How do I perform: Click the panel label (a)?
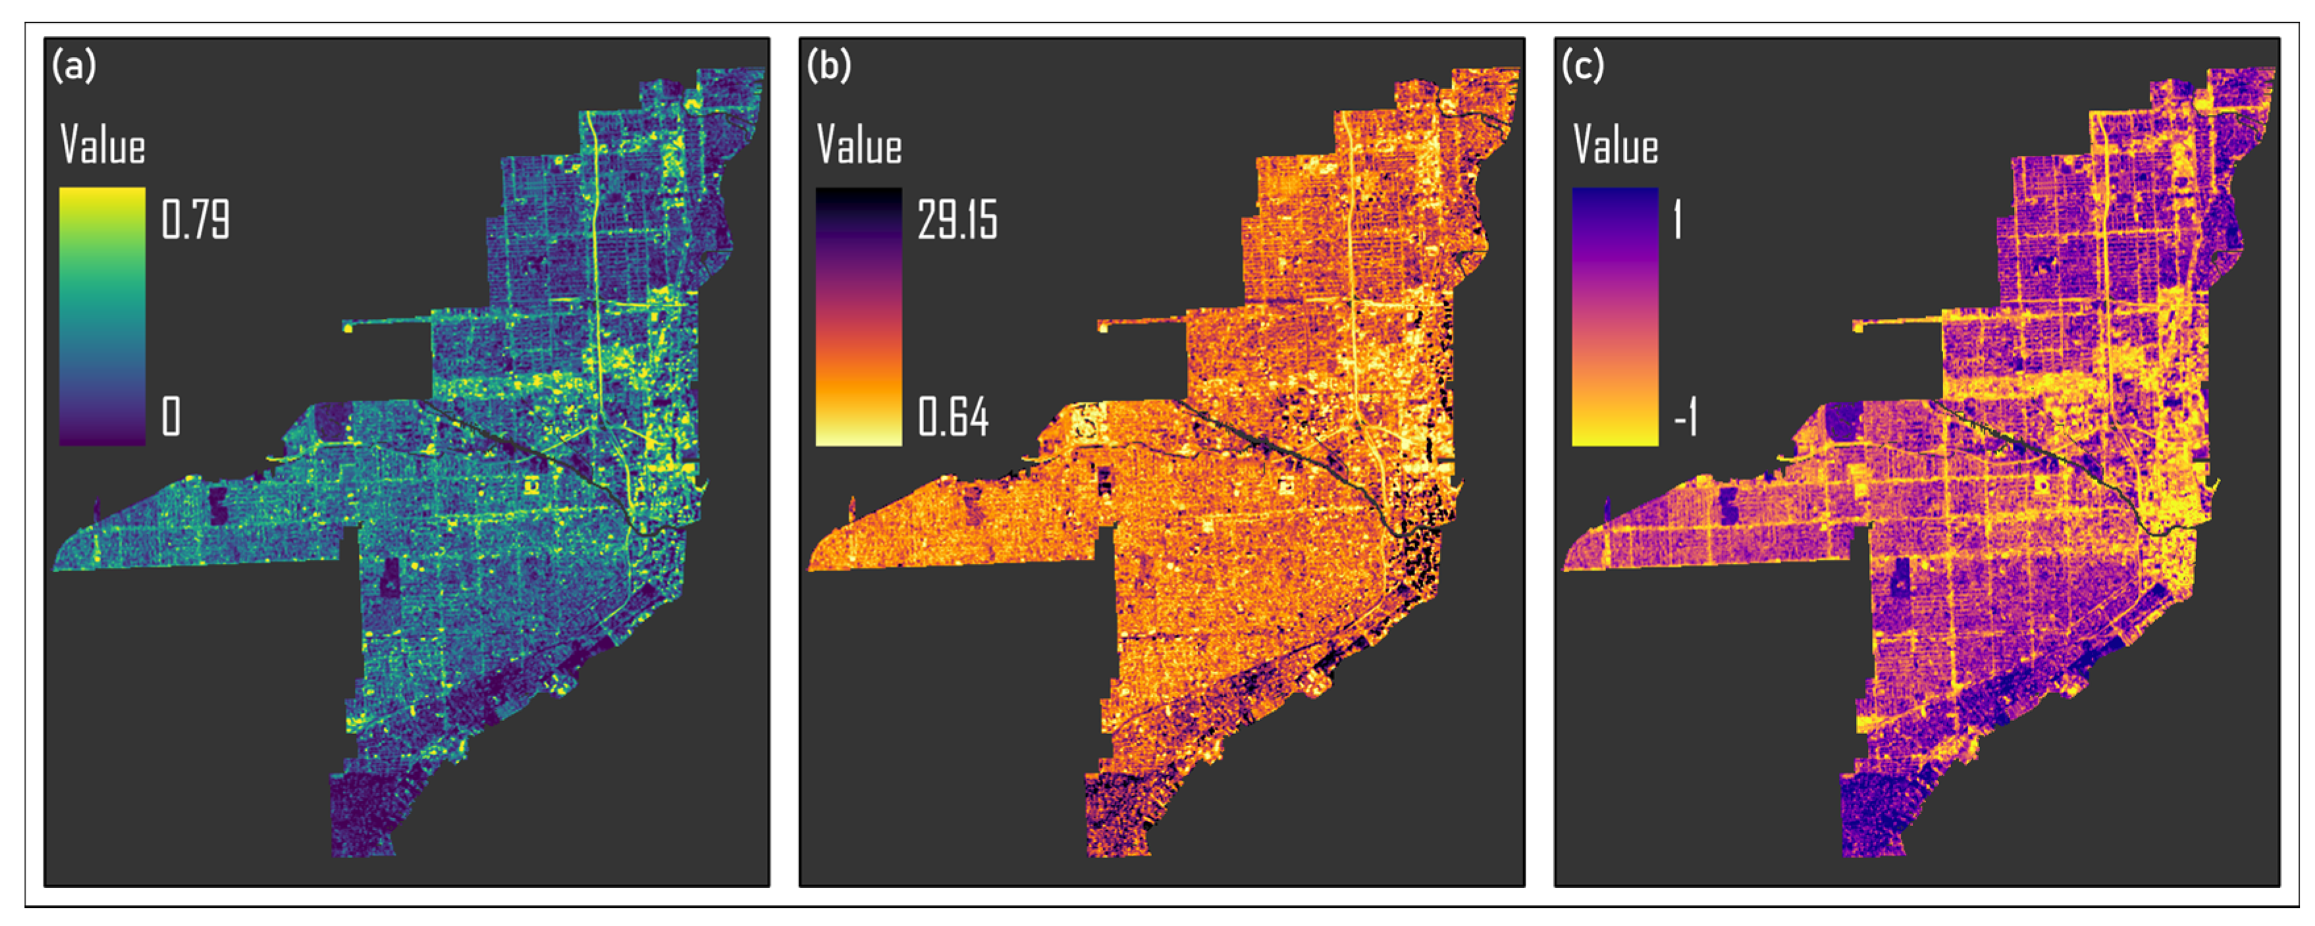coord(74,66)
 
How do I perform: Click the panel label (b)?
coord(829,66)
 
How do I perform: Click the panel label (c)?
coord(1582,66)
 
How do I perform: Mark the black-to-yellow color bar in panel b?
coord(858,316)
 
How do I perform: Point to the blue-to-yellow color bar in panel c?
coord(1614,316)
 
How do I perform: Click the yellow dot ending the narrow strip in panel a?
coord(348,328)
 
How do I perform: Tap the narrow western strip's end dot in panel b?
coord(1103,328)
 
